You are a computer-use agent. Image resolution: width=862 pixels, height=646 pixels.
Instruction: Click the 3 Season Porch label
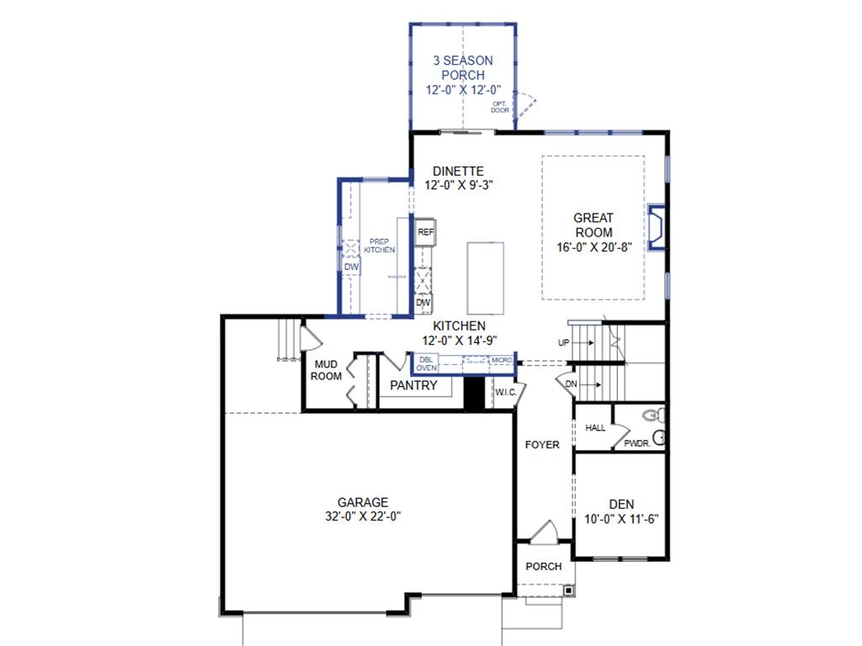coord(462,67)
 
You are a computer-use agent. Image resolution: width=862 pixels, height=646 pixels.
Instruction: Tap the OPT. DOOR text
coord(500,106)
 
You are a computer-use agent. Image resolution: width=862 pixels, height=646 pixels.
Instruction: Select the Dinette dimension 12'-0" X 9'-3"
coord(458,185)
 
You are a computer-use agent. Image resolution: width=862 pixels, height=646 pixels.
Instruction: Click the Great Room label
coord(593,225)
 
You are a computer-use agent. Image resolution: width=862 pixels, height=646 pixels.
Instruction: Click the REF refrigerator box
coord(425,231)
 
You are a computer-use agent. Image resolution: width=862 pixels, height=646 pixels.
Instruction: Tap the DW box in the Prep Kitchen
coord(351,267)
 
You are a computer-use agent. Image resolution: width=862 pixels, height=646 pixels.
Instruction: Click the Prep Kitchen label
coord(379,245)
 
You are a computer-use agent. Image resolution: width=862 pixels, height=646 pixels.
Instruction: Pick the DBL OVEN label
coord(426,363)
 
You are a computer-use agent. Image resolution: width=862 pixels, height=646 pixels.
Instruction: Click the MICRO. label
coord(503,360)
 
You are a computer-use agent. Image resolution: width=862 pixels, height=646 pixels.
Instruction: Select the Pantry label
coord(414,385)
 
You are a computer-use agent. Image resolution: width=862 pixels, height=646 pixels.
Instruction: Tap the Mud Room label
coord(327,370)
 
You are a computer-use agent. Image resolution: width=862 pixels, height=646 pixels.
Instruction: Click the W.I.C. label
coord(505,392)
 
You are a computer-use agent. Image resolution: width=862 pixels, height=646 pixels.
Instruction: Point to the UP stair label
coord(563,342)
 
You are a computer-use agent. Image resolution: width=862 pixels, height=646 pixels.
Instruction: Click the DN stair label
coord(571,384)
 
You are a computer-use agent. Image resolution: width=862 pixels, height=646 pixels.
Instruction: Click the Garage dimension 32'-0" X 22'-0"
coord(364,516)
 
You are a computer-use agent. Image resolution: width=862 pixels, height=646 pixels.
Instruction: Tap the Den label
coord(621,503)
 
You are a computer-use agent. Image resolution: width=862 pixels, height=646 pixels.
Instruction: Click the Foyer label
coord(542,444)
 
